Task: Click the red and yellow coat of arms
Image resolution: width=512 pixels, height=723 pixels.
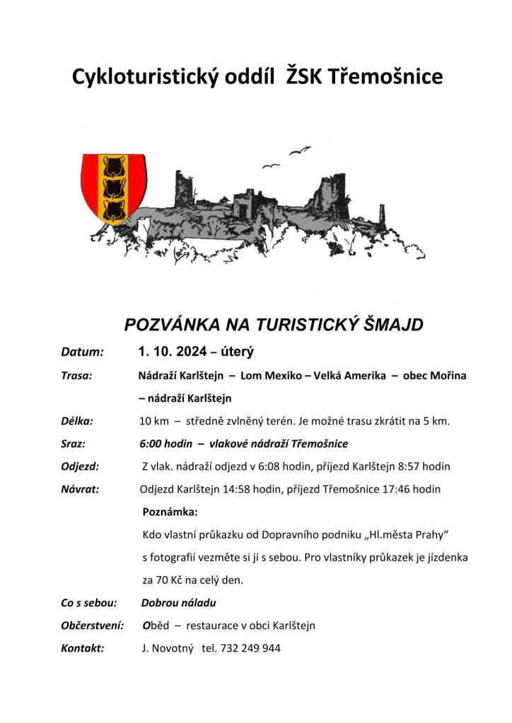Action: click(113, 187)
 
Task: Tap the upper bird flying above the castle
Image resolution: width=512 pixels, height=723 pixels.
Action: click(299, 150)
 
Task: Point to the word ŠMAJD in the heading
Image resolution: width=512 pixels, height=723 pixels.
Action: click(390, 325)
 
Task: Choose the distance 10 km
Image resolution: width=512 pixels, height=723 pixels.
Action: click(155, 422)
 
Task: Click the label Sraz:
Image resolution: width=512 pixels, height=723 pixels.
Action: click(73, 444)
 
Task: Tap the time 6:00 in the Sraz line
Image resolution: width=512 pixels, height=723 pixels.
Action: click(151, 444)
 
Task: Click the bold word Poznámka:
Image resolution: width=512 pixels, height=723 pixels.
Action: click(170, 510)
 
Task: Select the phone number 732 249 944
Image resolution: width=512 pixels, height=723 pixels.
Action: click(251, 647)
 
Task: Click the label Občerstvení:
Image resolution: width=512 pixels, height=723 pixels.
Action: click(93, 625)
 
